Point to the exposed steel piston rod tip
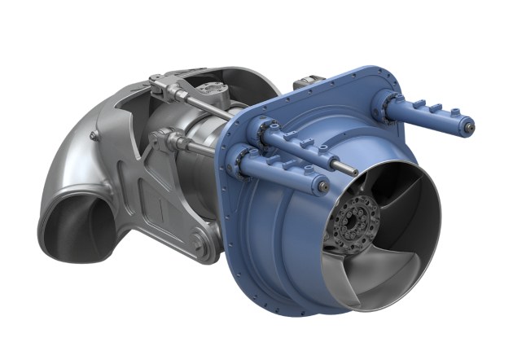(x=352, y=171)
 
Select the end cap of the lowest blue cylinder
(x=324, y=187)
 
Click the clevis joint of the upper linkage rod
(x=160, y=85)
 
